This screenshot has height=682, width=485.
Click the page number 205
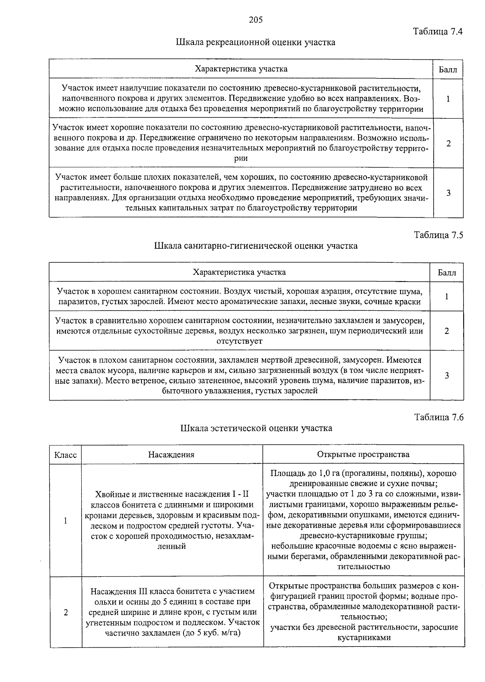[256, 20]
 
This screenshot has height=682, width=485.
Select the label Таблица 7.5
[439, 235]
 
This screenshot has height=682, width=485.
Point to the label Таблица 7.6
[439, 418]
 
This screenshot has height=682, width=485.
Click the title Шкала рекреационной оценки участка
[256, 42]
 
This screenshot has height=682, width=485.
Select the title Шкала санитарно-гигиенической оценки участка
[256, 246]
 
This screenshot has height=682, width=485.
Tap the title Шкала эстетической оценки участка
[256, 428]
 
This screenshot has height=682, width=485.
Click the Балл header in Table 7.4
[448, 69]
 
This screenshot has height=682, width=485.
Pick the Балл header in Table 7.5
[447, 273]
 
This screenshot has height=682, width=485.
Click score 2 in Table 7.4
[448, 143]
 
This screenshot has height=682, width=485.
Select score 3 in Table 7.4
[448, 193]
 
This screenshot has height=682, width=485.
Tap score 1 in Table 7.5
[447, 297]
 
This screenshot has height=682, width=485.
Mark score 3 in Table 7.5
[447, 376]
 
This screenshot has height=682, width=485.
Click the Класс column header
[65, 455]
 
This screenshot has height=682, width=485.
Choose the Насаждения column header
[171, 455]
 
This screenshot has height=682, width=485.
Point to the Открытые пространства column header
[363, 455]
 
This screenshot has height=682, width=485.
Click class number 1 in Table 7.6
[65, 521]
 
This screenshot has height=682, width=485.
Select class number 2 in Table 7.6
[65, 613]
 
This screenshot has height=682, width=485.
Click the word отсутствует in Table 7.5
[239, 341]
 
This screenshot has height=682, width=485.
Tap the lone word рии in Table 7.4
[241, 159]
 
